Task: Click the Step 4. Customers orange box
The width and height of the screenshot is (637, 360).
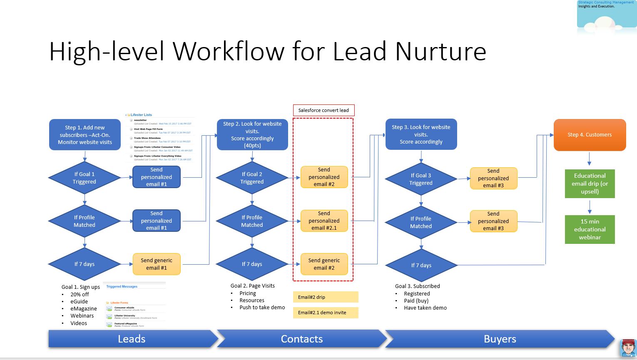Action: click(590, 135)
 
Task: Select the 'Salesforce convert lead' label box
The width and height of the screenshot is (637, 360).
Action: click(323, 110)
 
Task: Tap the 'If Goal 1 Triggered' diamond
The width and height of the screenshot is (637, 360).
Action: click(85, 178)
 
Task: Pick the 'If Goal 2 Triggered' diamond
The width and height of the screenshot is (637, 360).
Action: click(252, 178)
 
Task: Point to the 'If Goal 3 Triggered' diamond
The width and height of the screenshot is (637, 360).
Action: click(421, 179)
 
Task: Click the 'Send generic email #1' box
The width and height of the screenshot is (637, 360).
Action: click(157, 264)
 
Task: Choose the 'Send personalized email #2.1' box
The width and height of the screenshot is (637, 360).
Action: click(324, 221)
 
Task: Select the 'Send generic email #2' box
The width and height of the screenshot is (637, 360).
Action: click(324, 264)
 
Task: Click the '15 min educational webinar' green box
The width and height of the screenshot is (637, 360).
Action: click(590, 229)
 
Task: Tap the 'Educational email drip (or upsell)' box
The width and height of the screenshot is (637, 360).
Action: click(590, 184)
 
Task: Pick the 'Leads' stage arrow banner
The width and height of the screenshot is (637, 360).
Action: click(132, 339)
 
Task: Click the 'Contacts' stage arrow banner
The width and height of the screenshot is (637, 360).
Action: click(302, 339)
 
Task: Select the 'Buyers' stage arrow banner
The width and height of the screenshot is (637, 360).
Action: click(500, 339)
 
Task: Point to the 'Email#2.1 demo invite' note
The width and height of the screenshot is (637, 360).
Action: click(325, 313)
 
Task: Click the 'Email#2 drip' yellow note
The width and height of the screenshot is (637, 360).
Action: click(325, 297)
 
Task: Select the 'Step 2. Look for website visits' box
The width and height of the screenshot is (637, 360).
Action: click(252, 134)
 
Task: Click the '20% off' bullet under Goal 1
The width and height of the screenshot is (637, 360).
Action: click(80, 294)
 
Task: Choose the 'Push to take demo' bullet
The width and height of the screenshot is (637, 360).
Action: click(262, 308)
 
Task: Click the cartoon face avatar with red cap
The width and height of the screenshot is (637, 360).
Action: click(628, 348)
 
